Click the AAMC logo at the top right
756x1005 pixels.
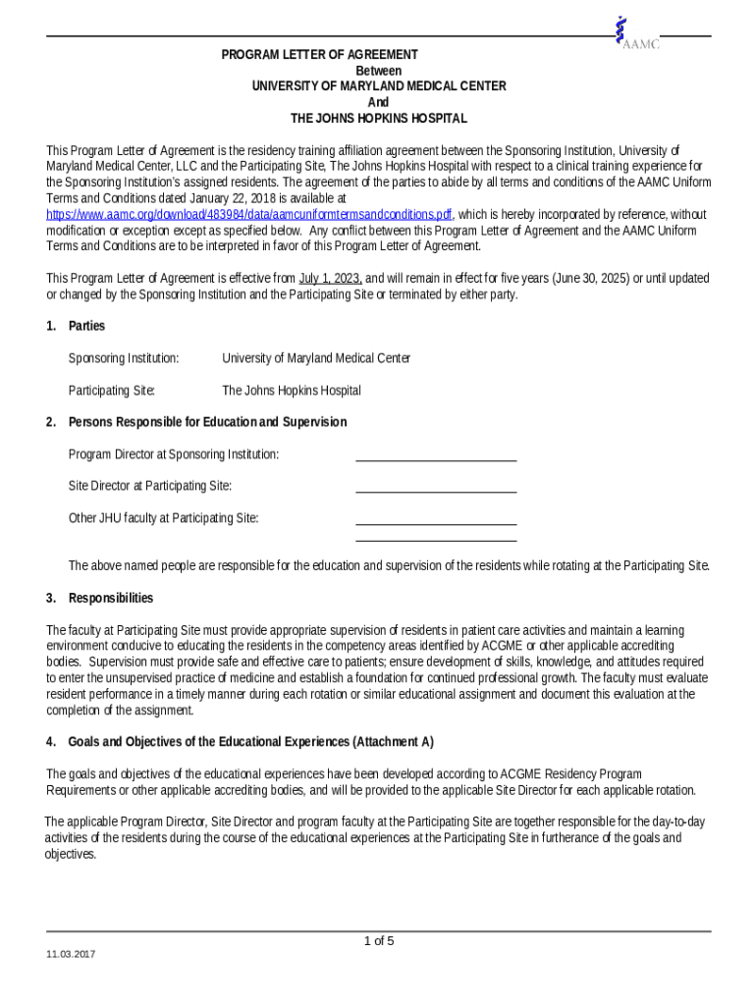click(635, 33)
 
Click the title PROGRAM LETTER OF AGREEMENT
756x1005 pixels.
click(319, 55)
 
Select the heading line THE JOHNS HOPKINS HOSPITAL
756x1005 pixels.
click(378, 119)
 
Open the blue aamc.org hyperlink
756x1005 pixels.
click(249, 214)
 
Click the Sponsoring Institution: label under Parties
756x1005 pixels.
click(123, 358)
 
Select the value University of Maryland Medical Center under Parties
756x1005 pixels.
click(316, 358)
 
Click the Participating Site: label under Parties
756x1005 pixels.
click(111, 391)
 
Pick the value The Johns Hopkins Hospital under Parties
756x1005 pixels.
click(291, 391)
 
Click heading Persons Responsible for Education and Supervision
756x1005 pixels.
click(206, 422)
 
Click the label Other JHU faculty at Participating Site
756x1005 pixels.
click(163, 518)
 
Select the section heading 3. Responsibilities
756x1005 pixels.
click(99, 598)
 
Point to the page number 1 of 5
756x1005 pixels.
click(378, 941)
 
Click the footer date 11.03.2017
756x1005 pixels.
click(71, 954)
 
